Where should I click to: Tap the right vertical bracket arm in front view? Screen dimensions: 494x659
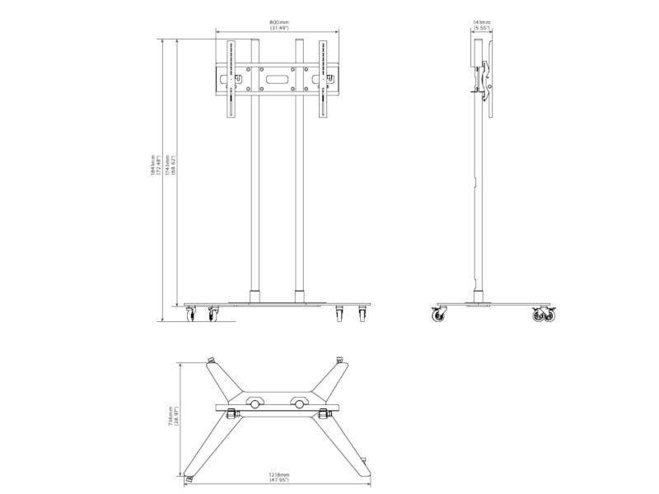point(322,80)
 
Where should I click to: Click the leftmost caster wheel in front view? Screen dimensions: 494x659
point(193,315)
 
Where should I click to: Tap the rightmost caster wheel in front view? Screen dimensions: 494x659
point(361,315)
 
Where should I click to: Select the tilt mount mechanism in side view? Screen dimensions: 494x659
point(488,82)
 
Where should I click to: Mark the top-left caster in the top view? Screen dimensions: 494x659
point(211,360)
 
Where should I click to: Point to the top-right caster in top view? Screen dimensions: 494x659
point(340,360)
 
